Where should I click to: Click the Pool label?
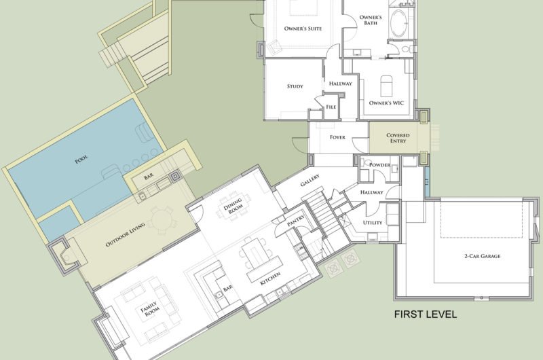click(x=81, y=160)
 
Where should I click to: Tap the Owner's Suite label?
click(x=303, y=29)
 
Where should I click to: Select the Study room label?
click(x=295, y=86)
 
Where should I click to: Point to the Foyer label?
click(x=337, y=137)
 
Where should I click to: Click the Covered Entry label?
click(x=398, y=138)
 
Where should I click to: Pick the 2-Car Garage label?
click(x=482, y=256)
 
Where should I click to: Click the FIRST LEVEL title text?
click(x=426, y=314)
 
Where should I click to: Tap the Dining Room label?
click(x=233, y=204)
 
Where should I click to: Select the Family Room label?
click(x=150, y=308)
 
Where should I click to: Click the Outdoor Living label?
click(x=126, y=234)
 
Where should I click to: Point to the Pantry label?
click(x=296, y=221)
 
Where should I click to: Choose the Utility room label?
click(x=373, y=222)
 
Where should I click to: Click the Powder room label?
click(x=379, y=165)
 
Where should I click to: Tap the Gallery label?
click(x=310, y=180)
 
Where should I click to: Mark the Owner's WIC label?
click(x=386, y=103)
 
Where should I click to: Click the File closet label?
click(x=331, y=107)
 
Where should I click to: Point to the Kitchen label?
click(x=270, y=278)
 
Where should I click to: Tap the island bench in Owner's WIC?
click(x=387, y=86)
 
